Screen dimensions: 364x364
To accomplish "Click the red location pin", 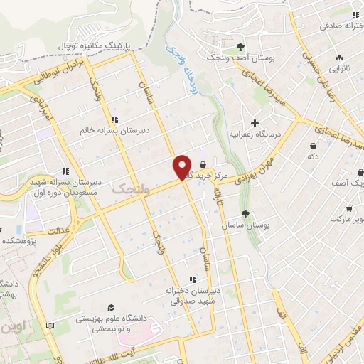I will [182, 168].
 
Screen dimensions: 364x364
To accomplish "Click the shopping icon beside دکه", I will [313, 145].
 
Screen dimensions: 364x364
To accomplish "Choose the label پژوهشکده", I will [18, 241].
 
